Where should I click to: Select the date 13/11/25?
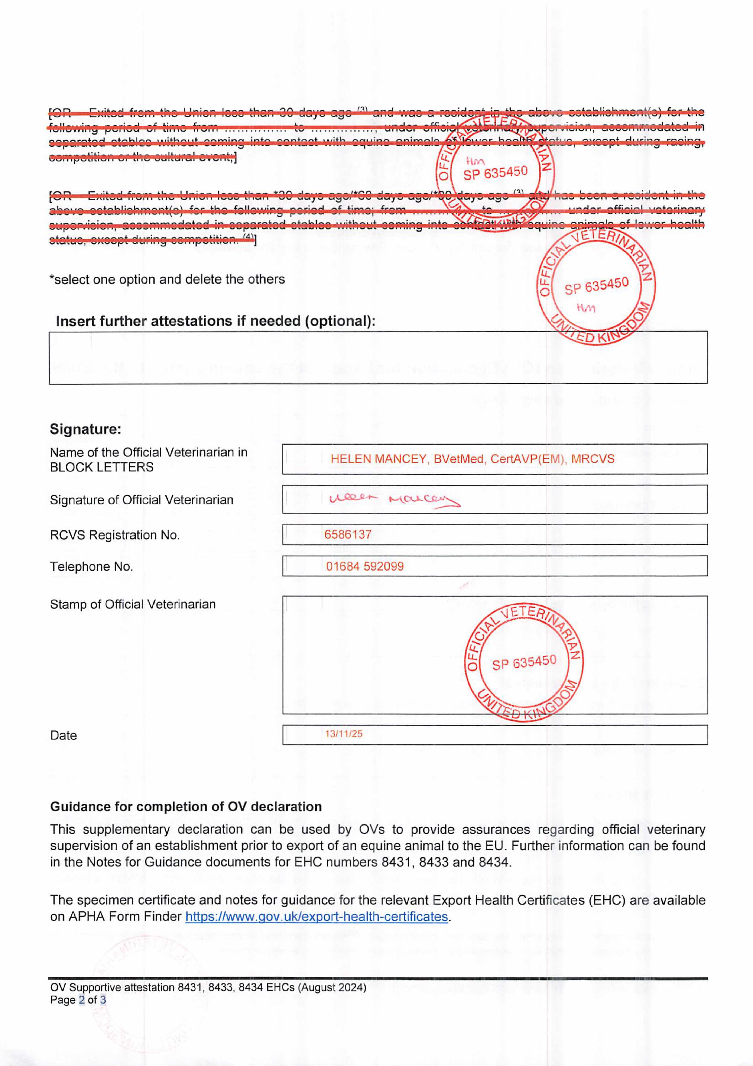point(344,734)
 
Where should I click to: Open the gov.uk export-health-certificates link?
point(317,917)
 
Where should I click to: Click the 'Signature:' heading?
point(85,429)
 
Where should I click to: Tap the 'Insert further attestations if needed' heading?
point(215,321)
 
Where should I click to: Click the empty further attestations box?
point(378,358)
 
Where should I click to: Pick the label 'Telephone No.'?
point(91,567)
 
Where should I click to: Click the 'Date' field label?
point(64,735)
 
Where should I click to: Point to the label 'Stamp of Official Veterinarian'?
point(133,604)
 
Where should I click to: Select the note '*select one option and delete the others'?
point(167,280)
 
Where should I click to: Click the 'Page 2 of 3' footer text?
point(78,1000)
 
